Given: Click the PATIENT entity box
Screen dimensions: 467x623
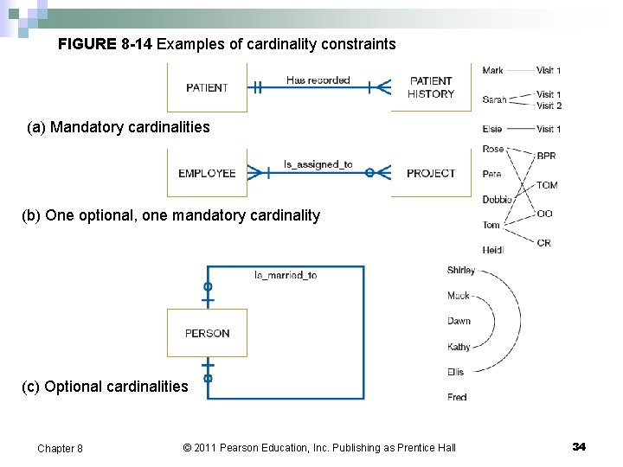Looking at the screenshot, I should click(207, 87).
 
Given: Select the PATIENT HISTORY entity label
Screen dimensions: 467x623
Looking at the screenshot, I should click(431, 87).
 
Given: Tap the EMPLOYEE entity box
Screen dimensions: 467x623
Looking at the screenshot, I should click(207, 173).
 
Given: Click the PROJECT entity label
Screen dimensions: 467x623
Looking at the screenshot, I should click(431, 173).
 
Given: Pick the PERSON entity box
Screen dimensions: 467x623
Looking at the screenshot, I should click(207, 333).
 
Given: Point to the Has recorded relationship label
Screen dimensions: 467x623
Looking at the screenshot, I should click(318, 80).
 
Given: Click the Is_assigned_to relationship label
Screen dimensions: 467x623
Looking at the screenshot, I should click(318, 164).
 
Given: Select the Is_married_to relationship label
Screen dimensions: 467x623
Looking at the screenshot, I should click(286, 275).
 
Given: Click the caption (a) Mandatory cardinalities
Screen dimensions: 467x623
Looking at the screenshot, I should click(119, 128).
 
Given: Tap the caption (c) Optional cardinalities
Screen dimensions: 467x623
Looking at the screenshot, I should click(105, 387).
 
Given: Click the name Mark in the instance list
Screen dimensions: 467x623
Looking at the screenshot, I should click(493, 70).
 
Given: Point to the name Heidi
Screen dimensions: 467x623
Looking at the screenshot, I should click(493, 250).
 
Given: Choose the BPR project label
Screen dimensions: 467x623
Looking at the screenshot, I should click(547, 157).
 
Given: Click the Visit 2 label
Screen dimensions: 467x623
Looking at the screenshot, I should click(549, 106).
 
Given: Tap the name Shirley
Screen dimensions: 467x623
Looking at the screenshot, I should click(461, 270).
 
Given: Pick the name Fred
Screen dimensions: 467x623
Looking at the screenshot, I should click(458, 397).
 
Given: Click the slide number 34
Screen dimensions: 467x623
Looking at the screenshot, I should click(579, 446).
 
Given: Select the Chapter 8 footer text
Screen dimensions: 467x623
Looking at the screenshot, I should click(61, 448).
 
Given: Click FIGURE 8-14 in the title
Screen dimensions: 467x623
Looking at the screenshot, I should click(105, 43).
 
